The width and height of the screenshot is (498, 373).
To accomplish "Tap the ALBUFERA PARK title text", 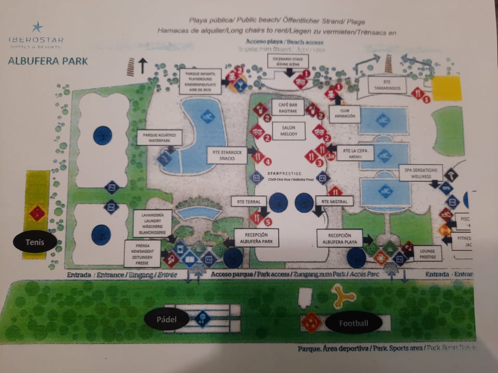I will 48,61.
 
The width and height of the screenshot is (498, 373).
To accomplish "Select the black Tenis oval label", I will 35,242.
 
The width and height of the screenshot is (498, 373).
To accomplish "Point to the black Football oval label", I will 353,323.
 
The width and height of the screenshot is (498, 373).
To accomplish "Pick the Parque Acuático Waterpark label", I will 160,137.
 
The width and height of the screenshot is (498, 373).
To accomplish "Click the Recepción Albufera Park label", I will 256,238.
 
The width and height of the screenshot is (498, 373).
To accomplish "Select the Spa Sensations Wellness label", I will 421,173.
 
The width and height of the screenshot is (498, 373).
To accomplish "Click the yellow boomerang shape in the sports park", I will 343,295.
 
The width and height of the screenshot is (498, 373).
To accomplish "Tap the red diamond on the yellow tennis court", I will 37,212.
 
